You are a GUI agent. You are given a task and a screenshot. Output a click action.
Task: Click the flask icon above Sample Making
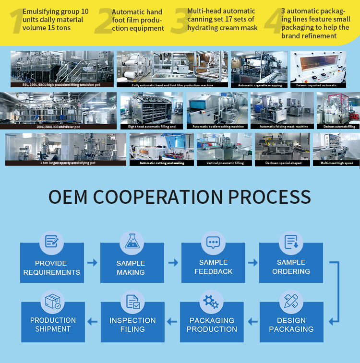pyautogui.click(x=132, y=242)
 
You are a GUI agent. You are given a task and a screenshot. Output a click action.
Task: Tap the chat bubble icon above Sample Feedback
pyautogui.click(x=213, y=242)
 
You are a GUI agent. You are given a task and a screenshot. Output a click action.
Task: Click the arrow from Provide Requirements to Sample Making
pyautogui.click(x=92, y=263)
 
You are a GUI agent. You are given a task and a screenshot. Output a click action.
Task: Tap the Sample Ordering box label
pyautogui.click(x=291, y=267)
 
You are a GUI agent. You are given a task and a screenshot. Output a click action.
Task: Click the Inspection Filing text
pyautogui.click(x=132, y=325)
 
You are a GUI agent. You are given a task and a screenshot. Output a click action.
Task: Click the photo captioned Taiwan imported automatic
pyautogui.click(x=318, y=67)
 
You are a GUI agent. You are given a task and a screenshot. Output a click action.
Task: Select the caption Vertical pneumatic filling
pyautogui.click(x=224, y=163)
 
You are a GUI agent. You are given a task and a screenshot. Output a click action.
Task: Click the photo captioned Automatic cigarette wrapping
pyautogui.click(x=259, y=67)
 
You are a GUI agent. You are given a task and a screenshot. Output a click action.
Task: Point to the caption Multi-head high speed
pyautogui.click(x=336, y=163)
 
